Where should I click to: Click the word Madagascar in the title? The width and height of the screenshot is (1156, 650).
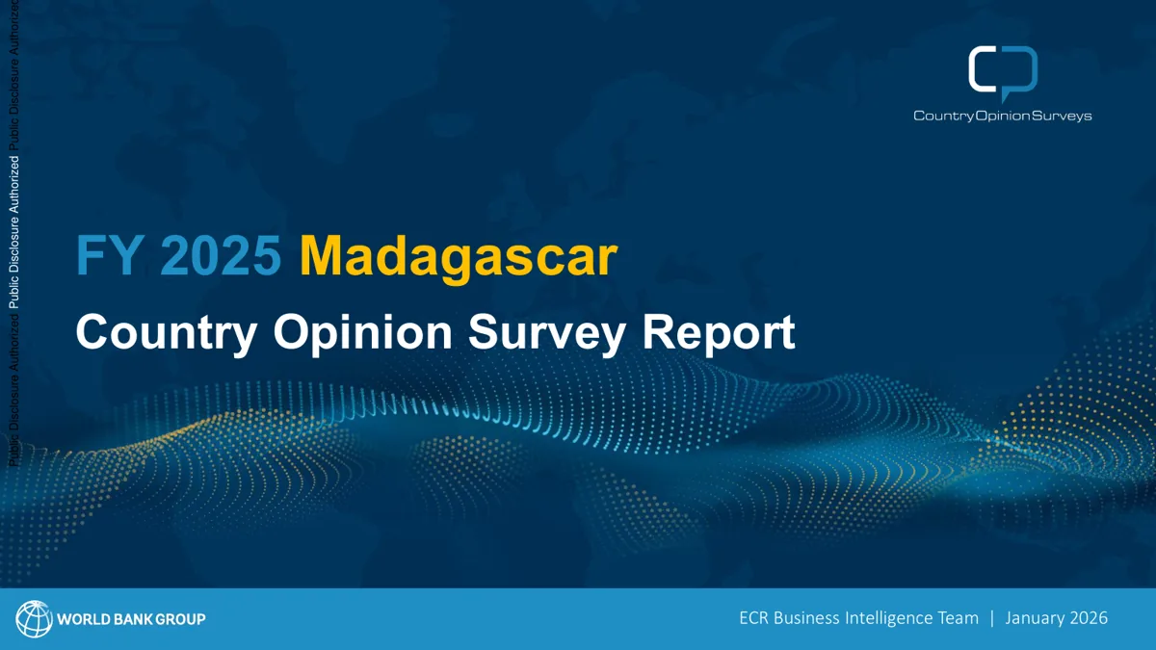(x=459, y=256)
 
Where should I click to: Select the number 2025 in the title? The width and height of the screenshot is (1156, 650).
(x=221, y=255)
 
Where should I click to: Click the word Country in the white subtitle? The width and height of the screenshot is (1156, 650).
(x=166, y=333)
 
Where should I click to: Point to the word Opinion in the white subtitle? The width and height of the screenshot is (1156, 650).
(x=363, y=333)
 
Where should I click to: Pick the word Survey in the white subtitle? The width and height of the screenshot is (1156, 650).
(x=547, y=333)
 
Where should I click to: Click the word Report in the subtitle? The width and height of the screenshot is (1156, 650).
(x=719, y=334)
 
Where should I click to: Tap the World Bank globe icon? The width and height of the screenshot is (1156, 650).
(x=34, y=618)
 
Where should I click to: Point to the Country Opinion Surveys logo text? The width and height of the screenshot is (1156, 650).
(x=1002, y=116)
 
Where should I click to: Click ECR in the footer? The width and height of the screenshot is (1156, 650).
(x=754, y=618)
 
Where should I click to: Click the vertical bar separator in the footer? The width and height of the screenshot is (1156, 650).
(x=992, y=618)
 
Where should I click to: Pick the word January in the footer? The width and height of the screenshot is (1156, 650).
(x=1036, y=618)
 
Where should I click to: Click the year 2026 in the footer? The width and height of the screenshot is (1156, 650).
(x=1089, y=618)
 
